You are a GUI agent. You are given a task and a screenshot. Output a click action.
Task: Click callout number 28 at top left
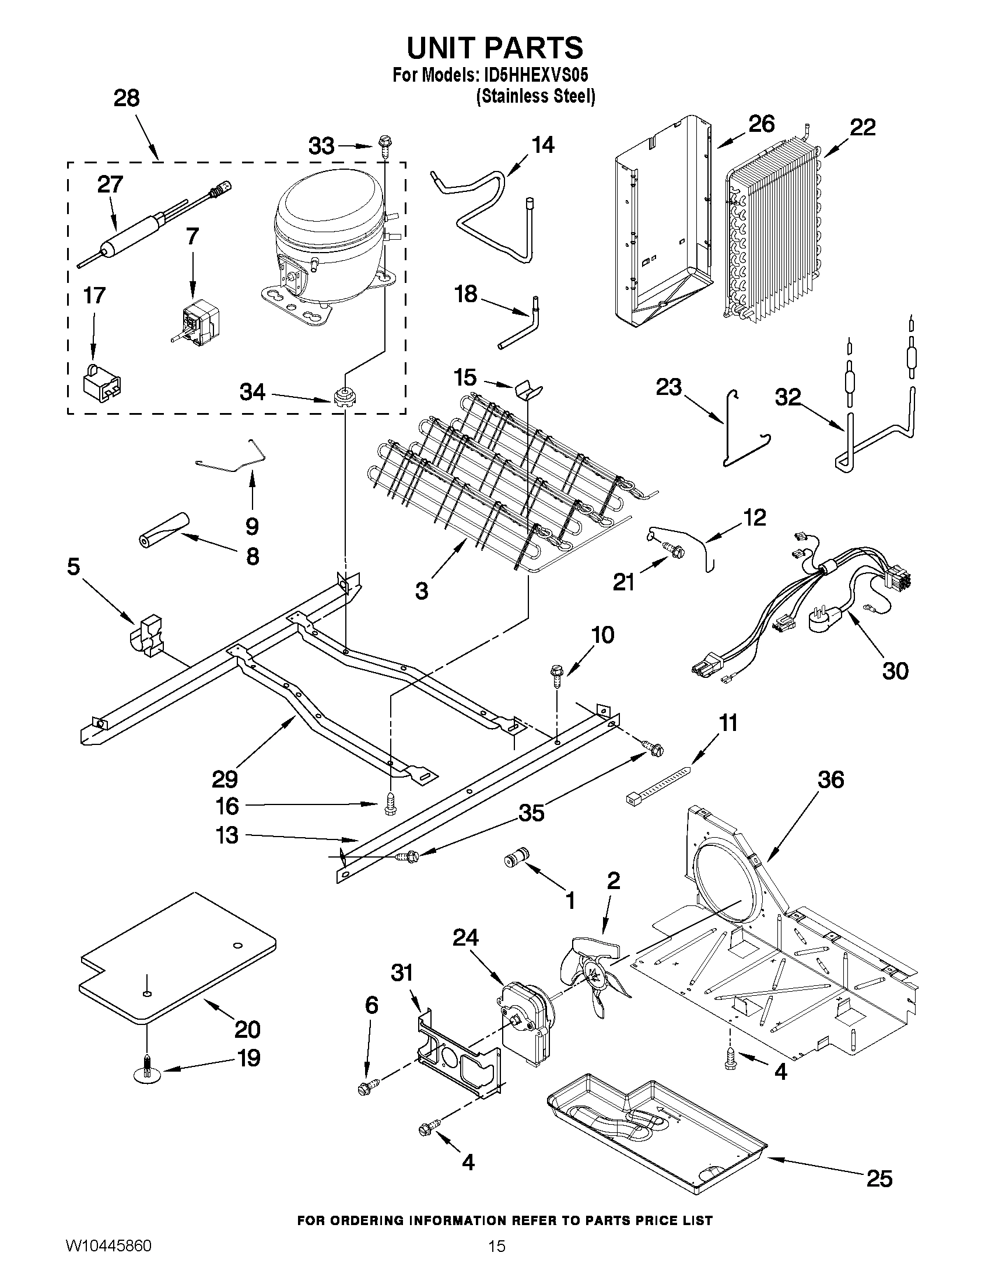(127, 98)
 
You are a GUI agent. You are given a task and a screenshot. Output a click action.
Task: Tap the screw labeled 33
(385, 145)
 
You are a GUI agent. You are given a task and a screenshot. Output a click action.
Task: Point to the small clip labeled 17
(103, 383)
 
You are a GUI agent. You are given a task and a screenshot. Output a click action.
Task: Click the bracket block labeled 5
(147, 636)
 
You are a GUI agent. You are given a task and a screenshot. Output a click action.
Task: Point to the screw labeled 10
(555, 676)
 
